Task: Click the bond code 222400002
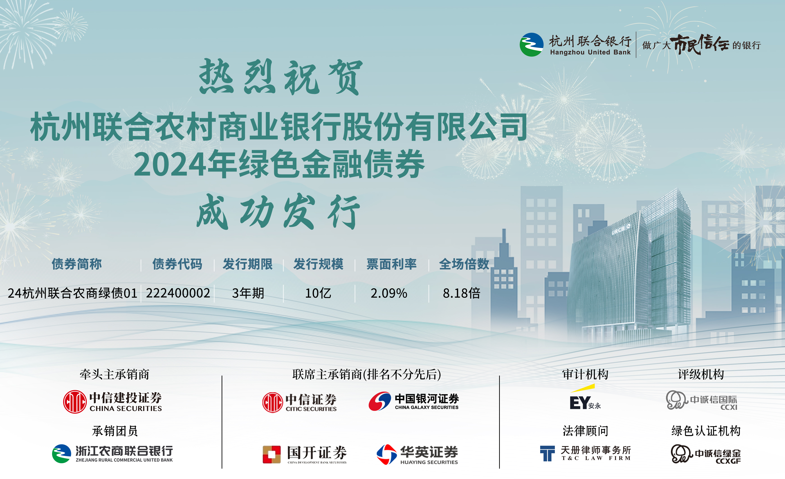pyautogui.click(x=178, y=293)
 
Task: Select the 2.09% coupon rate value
pyautogui.click(x=389, y=293)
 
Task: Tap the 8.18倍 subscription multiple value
pyautogui.click(x=461, y=293)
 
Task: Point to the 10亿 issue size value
pyautogui.click(x=318, y=293)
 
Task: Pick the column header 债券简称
pyautogui.click(x=77, y=264)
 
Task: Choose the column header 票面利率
pyautogui.click(x=392, y=264)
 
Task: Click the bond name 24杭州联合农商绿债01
pyautogui.click(x=72, y=293)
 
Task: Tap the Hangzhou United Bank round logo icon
pyautogui.click(x=531, y=45)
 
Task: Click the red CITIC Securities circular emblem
pyautogui.click(x=272, y=402)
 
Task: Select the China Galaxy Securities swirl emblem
pyautogui.click(x=379, y=401)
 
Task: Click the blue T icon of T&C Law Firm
pyautogui.click(x=547, y=453)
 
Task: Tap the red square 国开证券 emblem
pyautogui.click(x=271, y=454)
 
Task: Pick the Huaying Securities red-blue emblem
pyautogui.click(x=386, y=454)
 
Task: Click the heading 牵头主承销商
pyautogui.click(x=115, y=374)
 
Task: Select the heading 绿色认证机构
pyautogui.click(x=706, y=431)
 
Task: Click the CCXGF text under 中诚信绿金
pyautogui.click(x=728, y=461)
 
